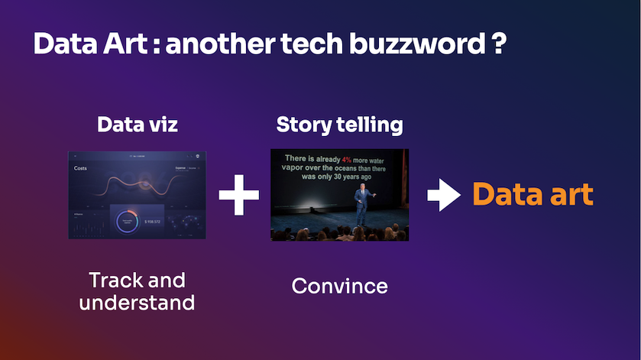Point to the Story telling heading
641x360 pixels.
point(339,125)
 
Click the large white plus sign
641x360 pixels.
point(239,196)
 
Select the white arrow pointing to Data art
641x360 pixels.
point(443,196)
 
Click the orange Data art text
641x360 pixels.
point(533,194)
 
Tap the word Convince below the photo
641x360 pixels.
point(339,287)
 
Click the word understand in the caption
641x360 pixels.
point(138,303)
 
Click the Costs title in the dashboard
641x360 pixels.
point(81,168)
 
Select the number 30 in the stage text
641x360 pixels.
point(346,175)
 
